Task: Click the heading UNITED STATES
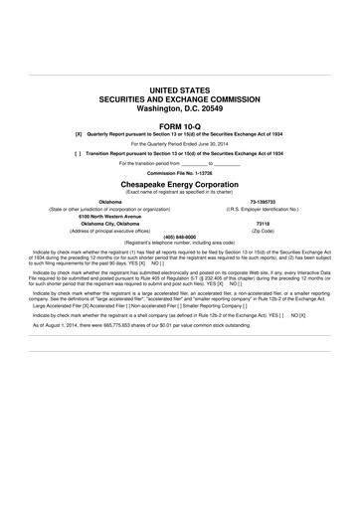180,89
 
